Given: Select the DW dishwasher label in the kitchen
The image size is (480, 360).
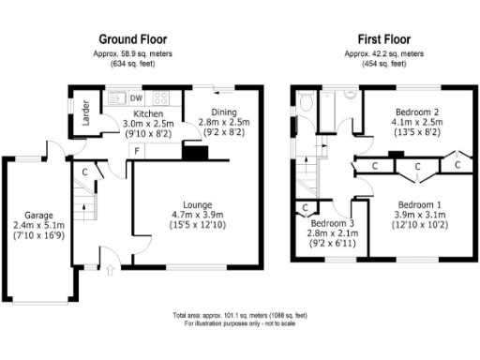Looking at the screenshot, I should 136,97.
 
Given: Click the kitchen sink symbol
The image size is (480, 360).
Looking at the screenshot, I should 117,97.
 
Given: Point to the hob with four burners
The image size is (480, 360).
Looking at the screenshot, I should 159,97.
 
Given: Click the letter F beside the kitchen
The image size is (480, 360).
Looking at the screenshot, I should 136,151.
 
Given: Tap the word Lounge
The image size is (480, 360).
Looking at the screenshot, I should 197,204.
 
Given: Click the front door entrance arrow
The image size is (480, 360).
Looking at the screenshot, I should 112,270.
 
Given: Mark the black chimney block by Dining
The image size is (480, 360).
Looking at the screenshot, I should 194,150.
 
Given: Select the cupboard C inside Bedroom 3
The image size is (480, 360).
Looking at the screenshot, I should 306,207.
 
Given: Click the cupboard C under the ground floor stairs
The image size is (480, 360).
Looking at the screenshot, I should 84,172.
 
